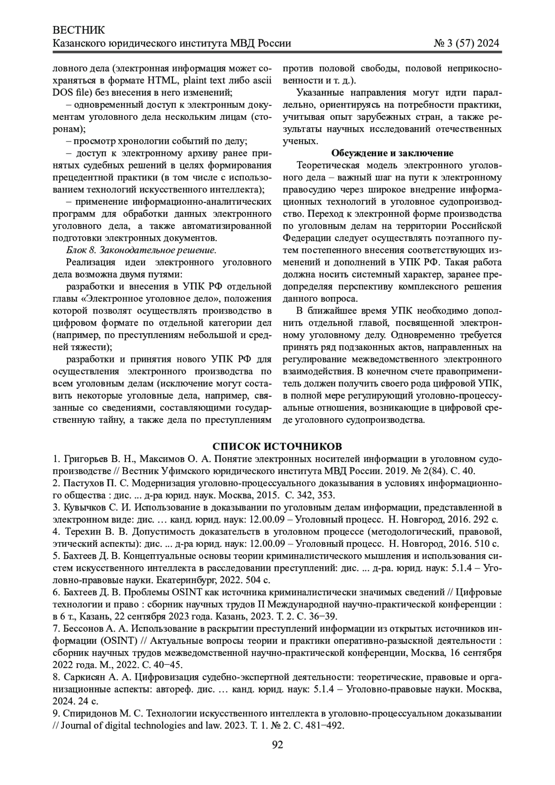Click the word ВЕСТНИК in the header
click(x=79, y=31)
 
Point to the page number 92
click(x=277, y=744)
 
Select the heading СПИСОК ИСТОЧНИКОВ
click(x=277, y=446)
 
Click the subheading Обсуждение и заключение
click(x=392, y=153)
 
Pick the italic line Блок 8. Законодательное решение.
click(x=141, y=250)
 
